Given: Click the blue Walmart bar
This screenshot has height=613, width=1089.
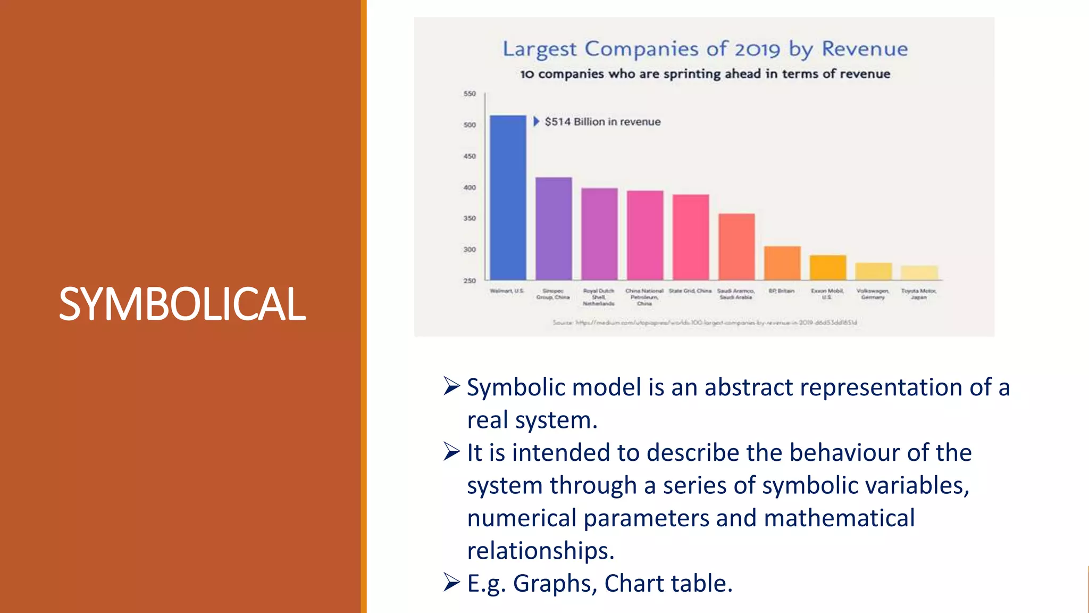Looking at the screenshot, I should (x=508, y=197).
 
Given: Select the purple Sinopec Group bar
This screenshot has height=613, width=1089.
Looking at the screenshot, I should (x=554, y=228).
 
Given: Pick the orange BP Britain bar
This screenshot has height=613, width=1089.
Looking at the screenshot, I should (x=782, y=263).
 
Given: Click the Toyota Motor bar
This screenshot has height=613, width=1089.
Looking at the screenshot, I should (x=919, y=272).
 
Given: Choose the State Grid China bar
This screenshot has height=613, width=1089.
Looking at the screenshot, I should (x=691, y=237).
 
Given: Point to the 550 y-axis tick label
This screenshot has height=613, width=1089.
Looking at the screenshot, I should (x=470, y=94).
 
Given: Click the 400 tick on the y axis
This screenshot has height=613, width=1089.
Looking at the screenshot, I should (x=470, y=187).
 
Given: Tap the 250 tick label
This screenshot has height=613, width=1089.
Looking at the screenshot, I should (x=470, y=280).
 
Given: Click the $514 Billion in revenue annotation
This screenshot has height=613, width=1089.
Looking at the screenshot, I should (x=602, y=122).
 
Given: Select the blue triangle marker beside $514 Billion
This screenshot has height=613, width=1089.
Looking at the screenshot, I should (x=536, y=121).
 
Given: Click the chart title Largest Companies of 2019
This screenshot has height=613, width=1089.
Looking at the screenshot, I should (x=705, y=49).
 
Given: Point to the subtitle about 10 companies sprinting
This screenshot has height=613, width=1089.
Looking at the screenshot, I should (x=705, y=74).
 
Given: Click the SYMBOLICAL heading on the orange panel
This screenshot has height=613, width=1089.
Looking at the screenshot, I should (x=182, y=304).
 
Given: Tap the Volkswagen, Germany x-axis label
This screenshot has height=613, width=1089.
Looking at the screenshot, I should (x=873, y=294).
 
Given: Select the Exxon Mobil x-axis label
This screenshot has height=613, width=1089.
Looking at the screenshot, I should (x=827, y=294).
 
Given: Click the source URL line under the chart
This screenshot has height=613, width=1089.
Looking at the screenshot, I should (x=705, y=322).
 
